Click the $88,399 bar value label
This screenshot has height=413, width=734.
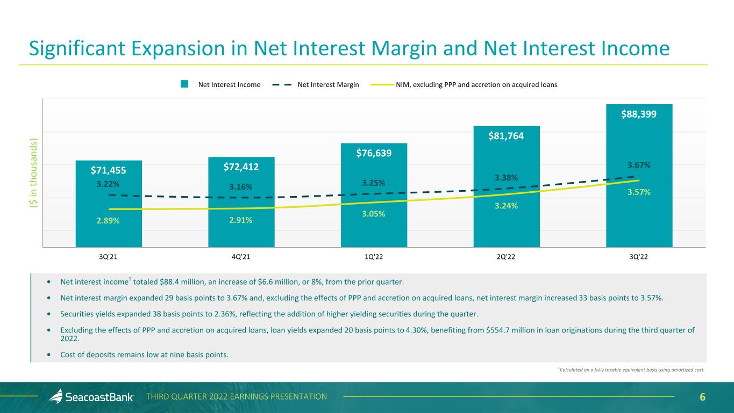[x=639, y=114]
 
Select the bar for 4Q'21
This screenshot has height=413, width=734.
[x=241, y=215]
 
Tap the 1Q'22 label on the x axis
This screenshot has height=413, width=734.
[x=374, y=257]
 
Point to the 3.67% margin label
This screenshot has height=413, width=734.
[x=639, y=165]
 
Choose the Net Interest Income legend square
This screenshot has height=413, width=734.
[x=184, y=84]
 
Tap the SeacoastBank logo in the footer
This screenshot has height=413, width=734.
[x=92, y=397]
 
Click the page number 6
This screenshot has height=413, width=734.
[x=702, y=397]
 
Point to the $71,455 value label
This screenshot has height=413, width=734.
[x=109, y=170]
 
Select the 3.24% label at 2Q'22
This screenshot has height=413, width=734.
[x=507, y=205]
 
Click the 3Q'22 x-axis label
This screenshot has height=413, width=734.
[x=639, y=257]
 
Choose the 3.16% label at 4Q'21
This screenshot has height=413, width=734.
[x=241, y=186]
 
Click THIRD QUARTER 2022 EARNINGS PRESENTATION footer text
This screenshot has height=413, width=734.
[x=237, y=397]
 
